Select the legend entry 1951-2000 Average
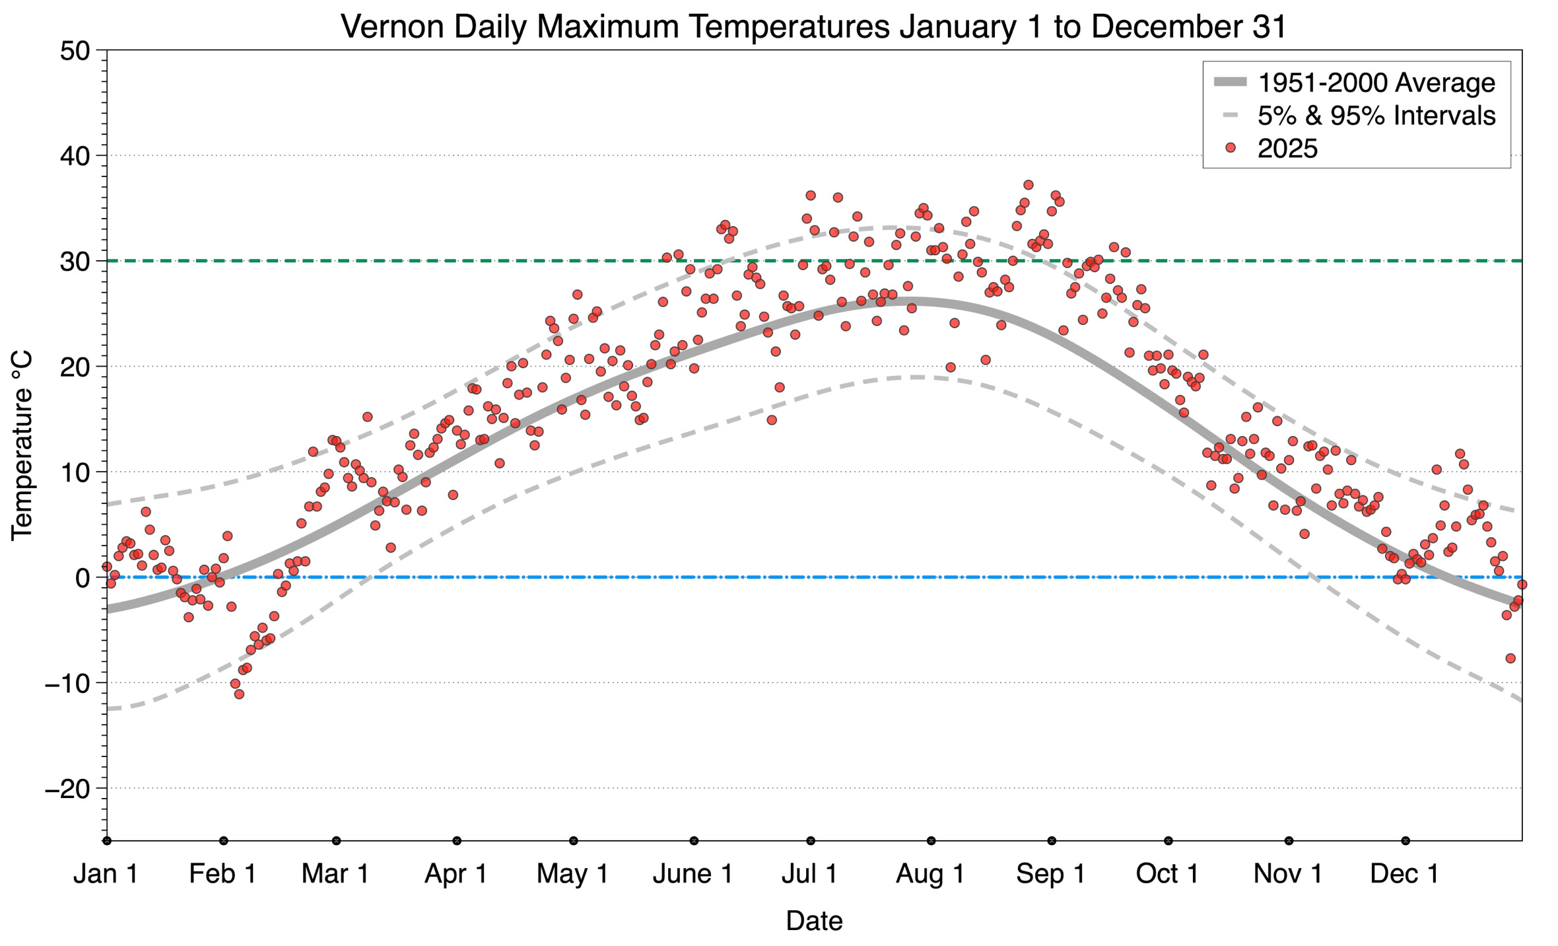[x=1376, y=83]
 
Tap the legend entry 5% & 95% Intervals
[x=1376, y=116]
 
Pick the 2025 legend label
[x=1287, y=149]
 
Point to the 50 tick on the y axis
[x=74, y=51]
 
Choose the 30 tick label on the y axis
[x=74, y=262]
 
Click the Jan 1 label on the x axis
[x=106, y=873]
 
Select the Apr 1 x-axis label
[x=456, y=873]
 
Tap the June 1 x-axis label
[x=693, y=873]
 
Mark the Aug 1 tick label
[x=930, y=873]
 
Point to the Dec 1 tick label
[x=1404, y=873]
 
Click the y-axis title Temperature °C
[x=22, y=445]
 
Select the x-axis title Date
[x=814, y=921]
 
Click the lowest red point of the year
[x=239, y=694]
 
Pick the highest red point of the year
[x=1028, y=185]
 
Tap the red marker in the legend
[x=1230, y=149]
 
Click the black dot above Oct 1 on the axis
[x=1168, y=841]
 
